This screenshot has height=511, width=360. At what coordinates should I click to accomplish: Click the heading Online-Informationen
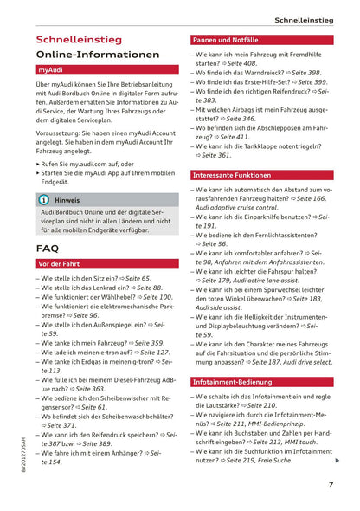98,55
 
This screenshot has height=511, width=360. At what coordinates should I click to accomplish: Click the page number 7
331,484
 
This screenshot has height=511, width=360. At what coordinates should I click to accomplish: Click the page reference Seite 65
138,279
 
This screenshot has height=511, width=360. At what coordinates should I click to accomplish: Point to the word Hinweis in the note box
67,199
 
